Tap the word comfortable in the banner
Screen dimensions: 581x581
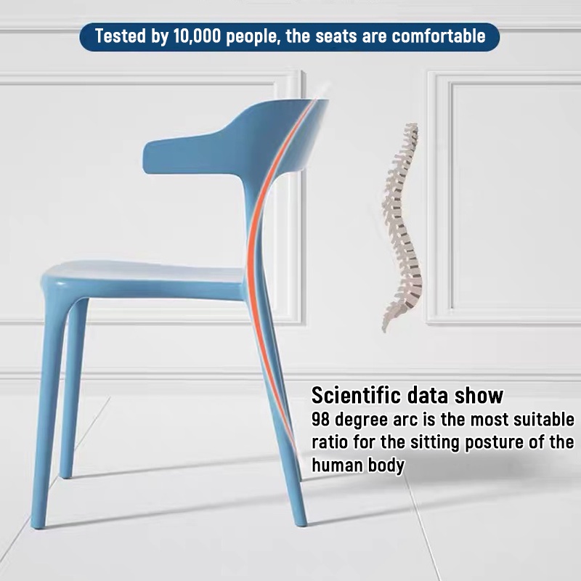(x=438, y=36)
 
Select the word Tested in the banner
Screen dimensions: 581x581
(x=121, y=36)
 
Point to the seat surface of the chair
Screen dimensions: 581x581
(x=145, y=272)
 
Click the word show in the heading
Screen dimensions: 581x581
(x=479, y=396)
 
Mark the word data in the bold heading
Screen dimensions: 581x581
(x=426, y=396)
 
